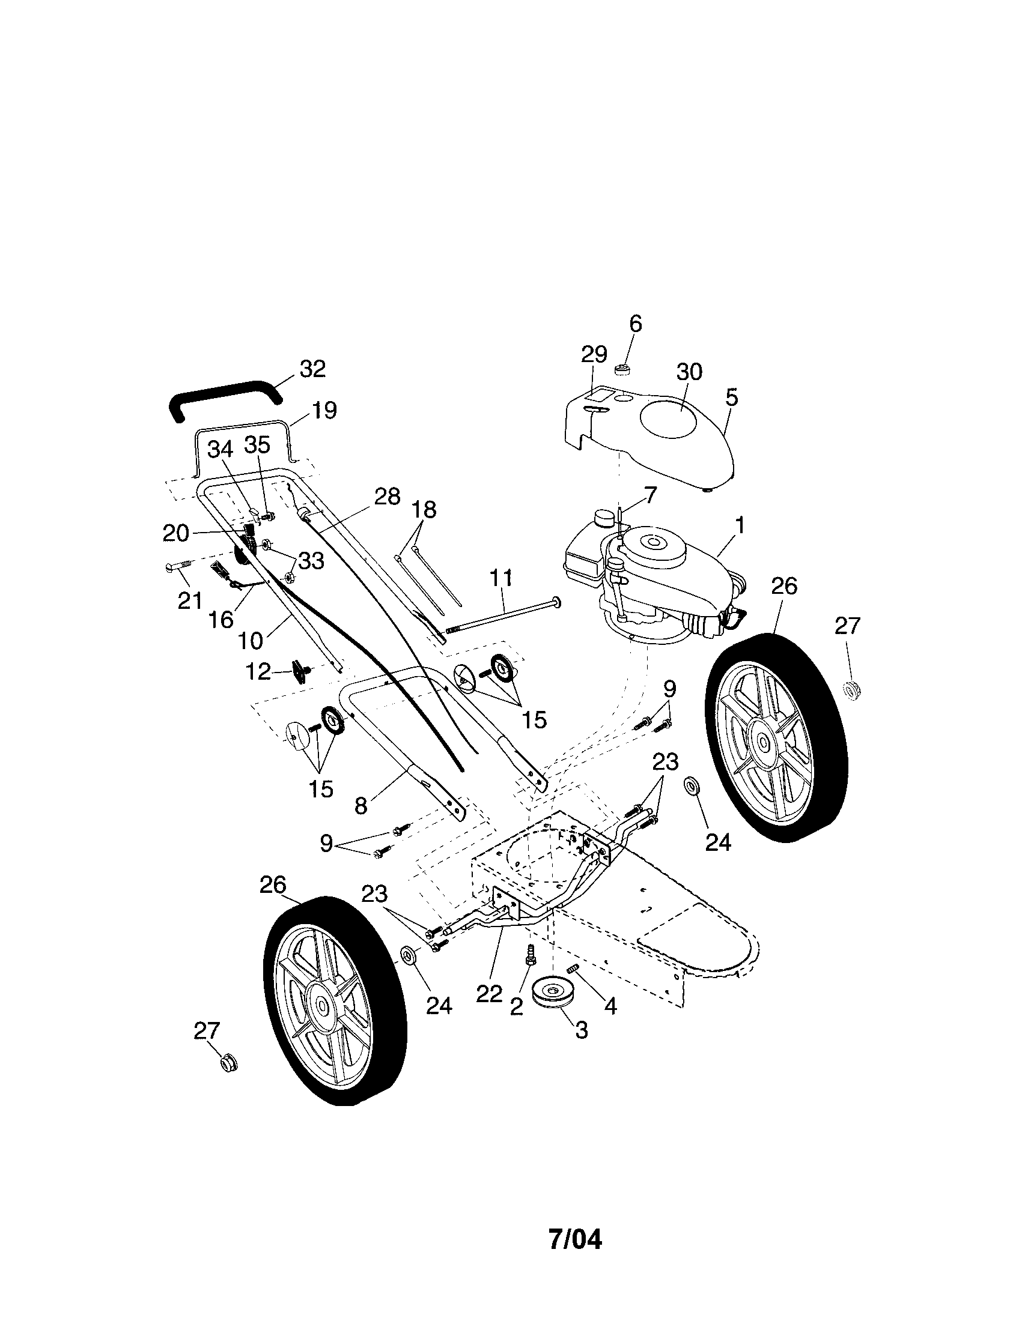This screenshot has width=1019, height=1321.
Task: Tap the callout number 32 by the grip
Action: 312,368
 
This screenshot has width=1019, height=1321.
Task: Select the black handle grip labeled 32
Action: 225,398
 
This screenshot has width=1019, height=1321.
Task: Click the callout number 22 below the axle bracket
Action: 489,993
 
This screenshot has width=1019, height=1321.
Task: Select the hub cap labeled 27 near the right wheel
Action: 853,689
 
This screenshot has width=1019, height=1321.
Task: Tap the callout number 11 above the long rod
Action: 501,578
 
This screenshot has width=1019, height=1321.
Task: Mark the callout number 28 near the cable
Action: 388,496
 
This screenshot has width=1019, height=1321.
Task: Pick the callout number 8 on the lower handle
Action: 360,806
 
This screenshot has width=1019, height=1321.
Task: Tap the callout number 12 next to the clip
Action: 258,671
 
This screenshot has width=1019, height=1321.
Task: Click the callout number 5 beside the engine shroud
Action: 731,398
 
